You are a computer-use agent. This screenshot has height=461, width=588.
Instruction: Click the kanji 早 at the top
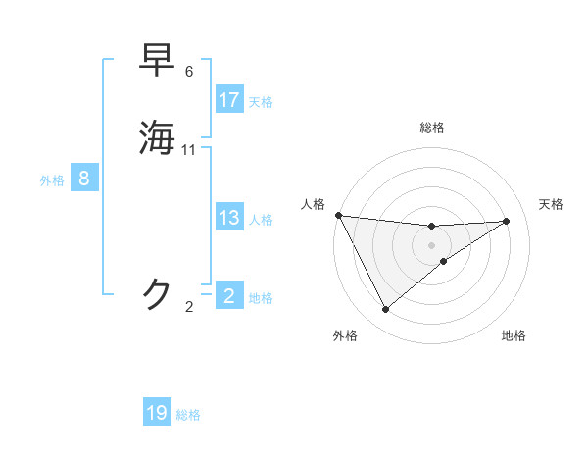tap(158, 60)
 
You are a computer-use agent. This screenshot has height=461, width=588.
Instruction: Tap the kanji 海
tap(158, 137)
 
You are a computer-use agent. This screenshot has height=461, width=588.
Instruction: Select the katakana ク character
tap(158, 293)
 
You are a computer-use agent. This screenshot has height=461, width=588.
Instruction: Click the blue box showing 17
tap(229, 100)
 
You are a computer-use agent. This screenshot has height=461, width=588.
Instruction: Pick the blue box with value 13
tap(229, 218)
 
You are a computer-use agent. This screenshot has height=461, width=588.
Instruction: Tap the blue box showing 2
tap(229, 294)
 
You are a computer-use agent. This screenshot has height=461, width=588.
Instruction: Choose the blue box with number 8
tap(84, 179)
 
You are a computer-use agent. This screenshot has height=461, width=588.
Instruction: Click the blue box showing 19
tap(157, 413)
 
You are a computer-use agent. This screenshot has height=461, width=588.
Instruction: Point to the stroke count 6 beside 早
tap(189, 72)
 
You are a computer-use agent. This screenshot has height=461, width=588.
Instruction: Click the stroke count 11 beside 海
tap(189, 150)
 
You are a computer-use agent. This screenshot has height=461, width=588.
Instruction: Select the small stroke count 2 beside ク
tap(189, 307)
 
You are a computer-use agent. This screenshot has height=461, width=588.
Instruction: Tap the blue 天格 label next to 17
tap(261, 102)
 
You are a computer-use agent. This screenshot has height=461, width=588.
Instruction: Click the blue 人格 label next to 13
tap(261, 220)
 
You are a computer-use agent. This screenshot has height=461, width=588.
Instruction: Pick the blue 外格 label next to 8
tap(52, 180)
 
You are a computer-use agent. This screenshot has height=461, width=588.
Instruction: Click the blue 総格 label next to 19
tap(188, 415)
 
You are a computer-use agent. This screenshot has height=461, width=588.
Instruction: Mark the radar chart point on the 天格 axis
tap(507, 221)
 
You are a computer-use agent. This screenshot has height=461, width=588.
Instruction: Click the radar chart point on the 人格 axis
tap(338, 215)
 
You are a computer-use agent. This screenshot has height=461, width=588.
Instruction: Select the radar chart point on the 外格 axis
tap(385, 310)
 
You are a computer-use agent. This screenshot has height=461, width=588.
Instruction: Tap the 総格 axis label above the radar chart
tap(431, 128)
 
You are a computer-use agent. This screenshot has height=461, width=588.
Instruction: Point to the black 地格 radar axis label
tap(514, 335)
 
